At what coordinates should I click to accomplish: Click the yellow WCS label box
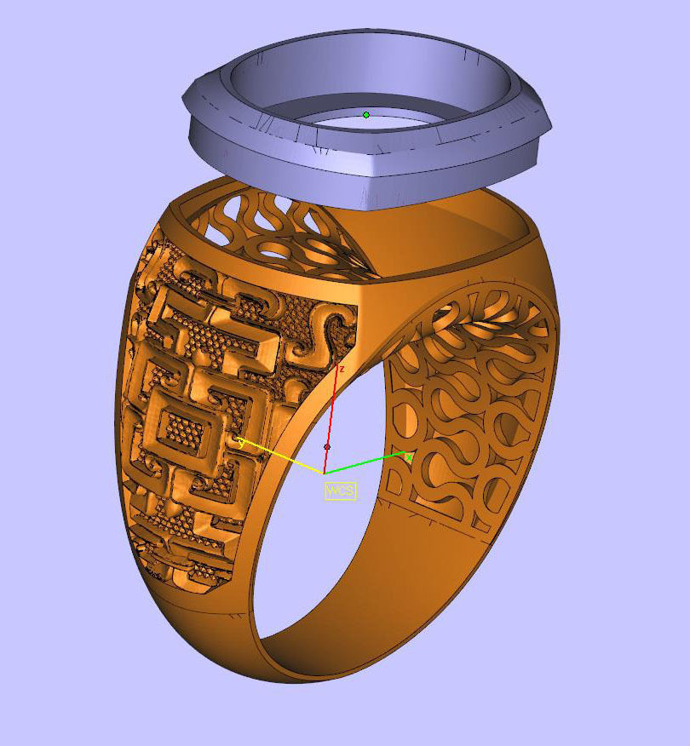(x=340, y=491)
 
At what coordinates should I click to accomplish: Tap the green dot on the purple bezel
(x=366, y=114)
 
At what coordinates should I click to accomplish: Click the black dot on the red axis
(x=327, y=446)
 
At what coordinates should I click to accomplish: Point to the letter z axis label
(x=342, y=369)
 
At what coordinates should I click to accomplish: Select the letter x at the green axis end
(x=409, y=457)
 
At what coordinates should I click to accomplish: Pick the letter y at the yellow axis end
(x=241, y=442)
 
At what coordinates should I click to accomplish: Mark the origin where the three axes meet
(x=324, y=473)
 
